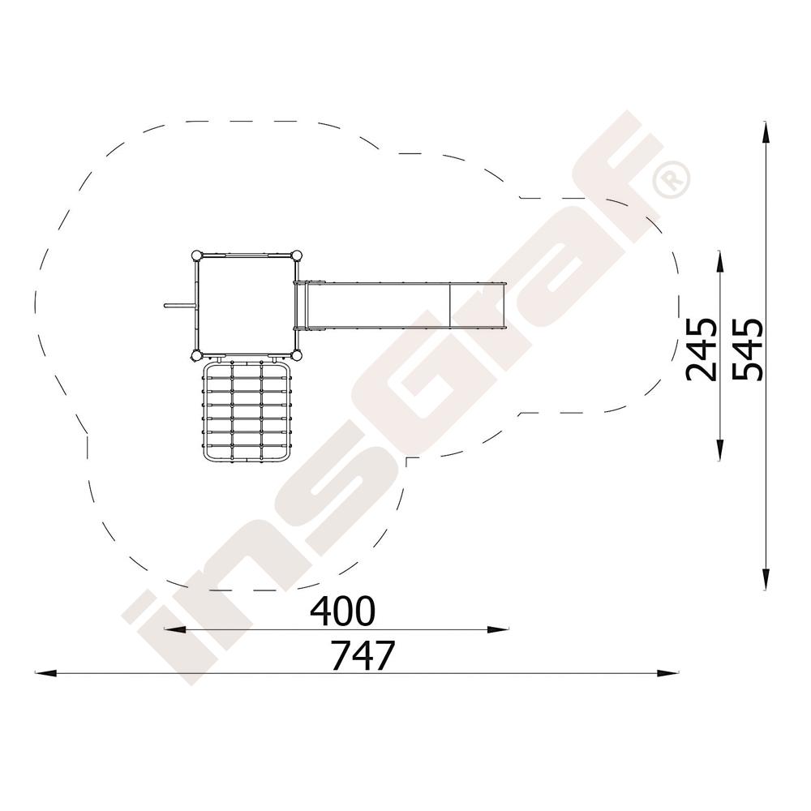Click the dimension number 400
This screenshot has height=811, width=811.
[x=341, y=611]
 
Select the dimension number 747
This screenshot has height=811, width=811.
[x=363, y=655]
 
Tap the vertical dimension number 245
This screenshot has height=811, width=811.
[x=701, y=350]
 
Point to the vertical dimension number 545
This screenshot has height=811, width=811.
[x=747, y=350]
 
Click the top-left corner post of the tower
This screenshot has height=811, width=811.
[x=196, y=255]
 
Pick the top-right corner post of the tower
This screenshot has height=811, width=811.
[x=297, y=255]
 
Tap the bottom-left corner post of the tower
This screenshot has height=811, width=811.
[x=196, y=355]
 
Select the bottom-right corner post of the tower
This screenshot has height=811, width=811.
[x=297, y=355]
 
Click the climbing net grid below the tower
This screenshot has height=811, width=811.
[x=247, y=410]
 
